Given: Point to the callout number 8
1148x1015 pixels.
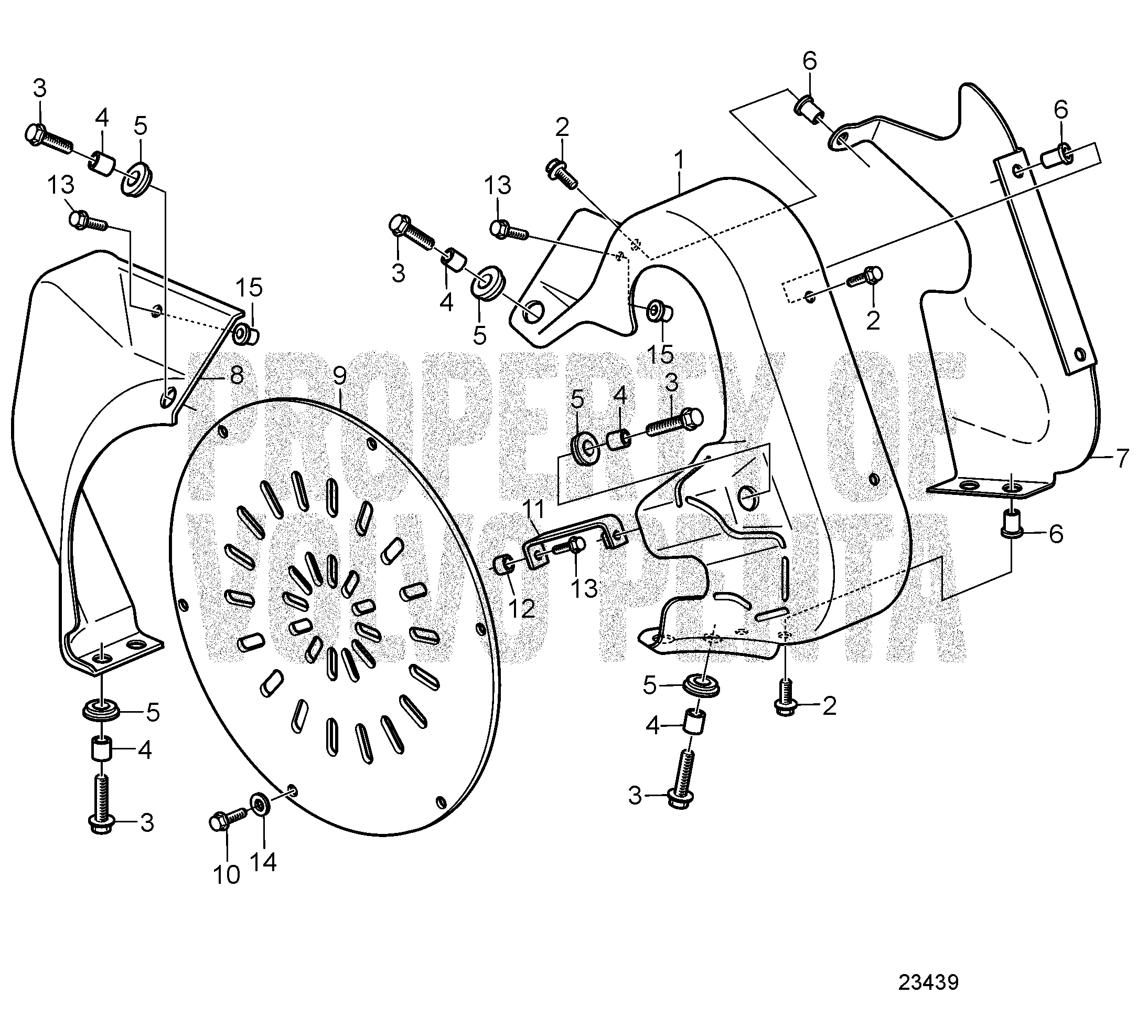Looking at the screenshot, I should [236, 374].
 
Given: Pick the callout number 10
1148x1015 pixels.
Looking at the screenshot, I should [227, 874].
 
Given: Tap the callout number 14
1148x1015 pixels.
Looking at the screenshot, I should [264, 862].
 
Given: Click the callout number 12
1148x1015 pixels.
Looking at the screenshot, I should [521, 609].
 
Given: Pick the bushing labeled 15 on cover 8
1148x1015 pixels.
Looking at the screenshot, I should [245, 334].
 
